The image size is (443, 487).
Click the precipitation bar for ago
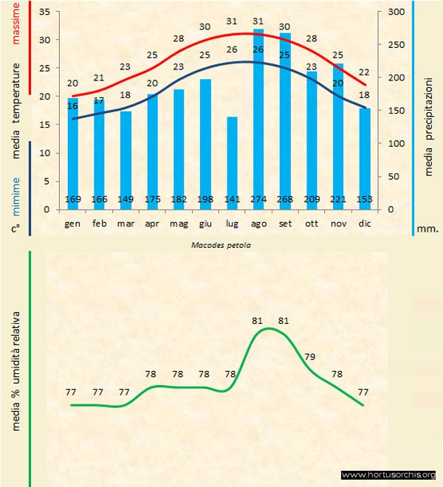pos(258,118)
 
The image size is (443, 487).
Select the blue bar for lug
pos(232,162)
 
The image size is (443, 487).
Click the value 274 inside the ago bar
pos(258,199)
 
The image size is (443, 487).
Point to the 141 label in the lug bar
pos(232,199)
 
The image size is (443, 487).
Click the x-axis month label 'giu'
pos(205,222)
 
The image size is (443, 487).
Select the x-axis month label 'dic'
pos(365,222)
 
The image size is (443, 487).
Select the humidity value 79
pos(310,357)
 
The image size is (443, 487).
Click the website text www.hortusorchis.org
pos(389,474)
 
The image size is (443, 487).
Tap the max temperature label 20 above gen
pos(72,83)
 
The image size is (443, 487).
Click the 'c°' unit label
pos(15,229)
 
